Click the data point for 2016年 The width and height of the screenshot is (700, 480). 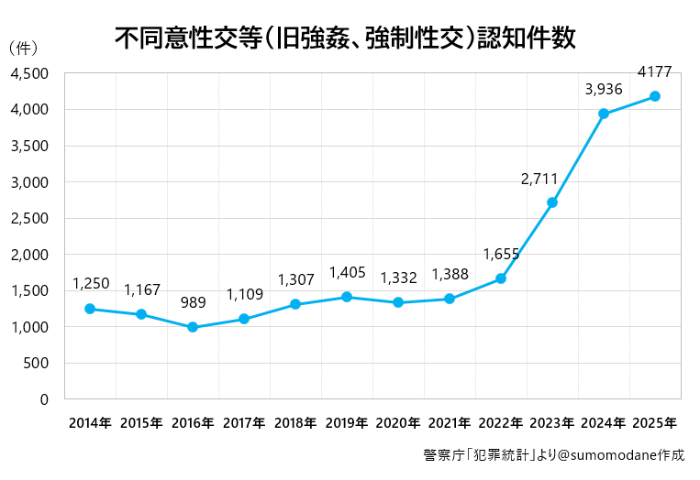193,327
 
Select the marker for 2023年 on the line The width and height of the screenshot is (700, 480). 552,202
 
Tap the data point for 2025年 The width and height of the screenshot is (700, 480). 655,96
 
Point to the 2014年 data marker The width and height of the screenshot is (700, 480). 90,309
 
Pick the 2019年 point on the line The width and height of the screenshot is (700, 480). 347,297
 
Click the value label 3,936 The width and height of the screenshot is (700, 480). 604,90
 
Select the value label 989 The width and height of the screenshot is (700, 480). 193,303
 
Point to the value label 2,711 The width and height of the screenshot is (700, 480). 539,180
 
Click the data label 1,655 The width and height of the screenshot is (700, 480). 501,255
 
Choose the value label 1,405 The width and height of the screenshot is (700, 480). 347,273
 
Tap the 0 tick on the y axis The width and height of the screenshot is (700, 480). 43,399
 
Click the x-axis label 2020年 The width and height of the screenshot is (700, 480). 398,423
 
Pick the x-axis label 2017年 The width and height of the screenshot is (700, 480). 244,423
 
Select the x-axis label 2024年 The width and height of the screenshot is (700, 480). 604,423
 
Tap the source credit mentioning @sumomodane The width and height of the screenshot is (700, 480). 553,454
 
